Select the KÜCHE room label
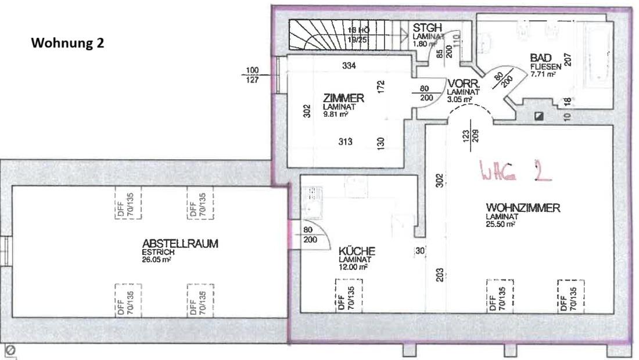[x=357, y=251]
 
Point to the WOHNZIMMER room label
[x=523, y=208]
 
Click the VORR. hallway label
[x=462, y=85]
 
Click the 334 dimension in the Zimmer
[x=349, y=66]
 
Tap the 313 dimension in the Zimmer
[x=346, y=141]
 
